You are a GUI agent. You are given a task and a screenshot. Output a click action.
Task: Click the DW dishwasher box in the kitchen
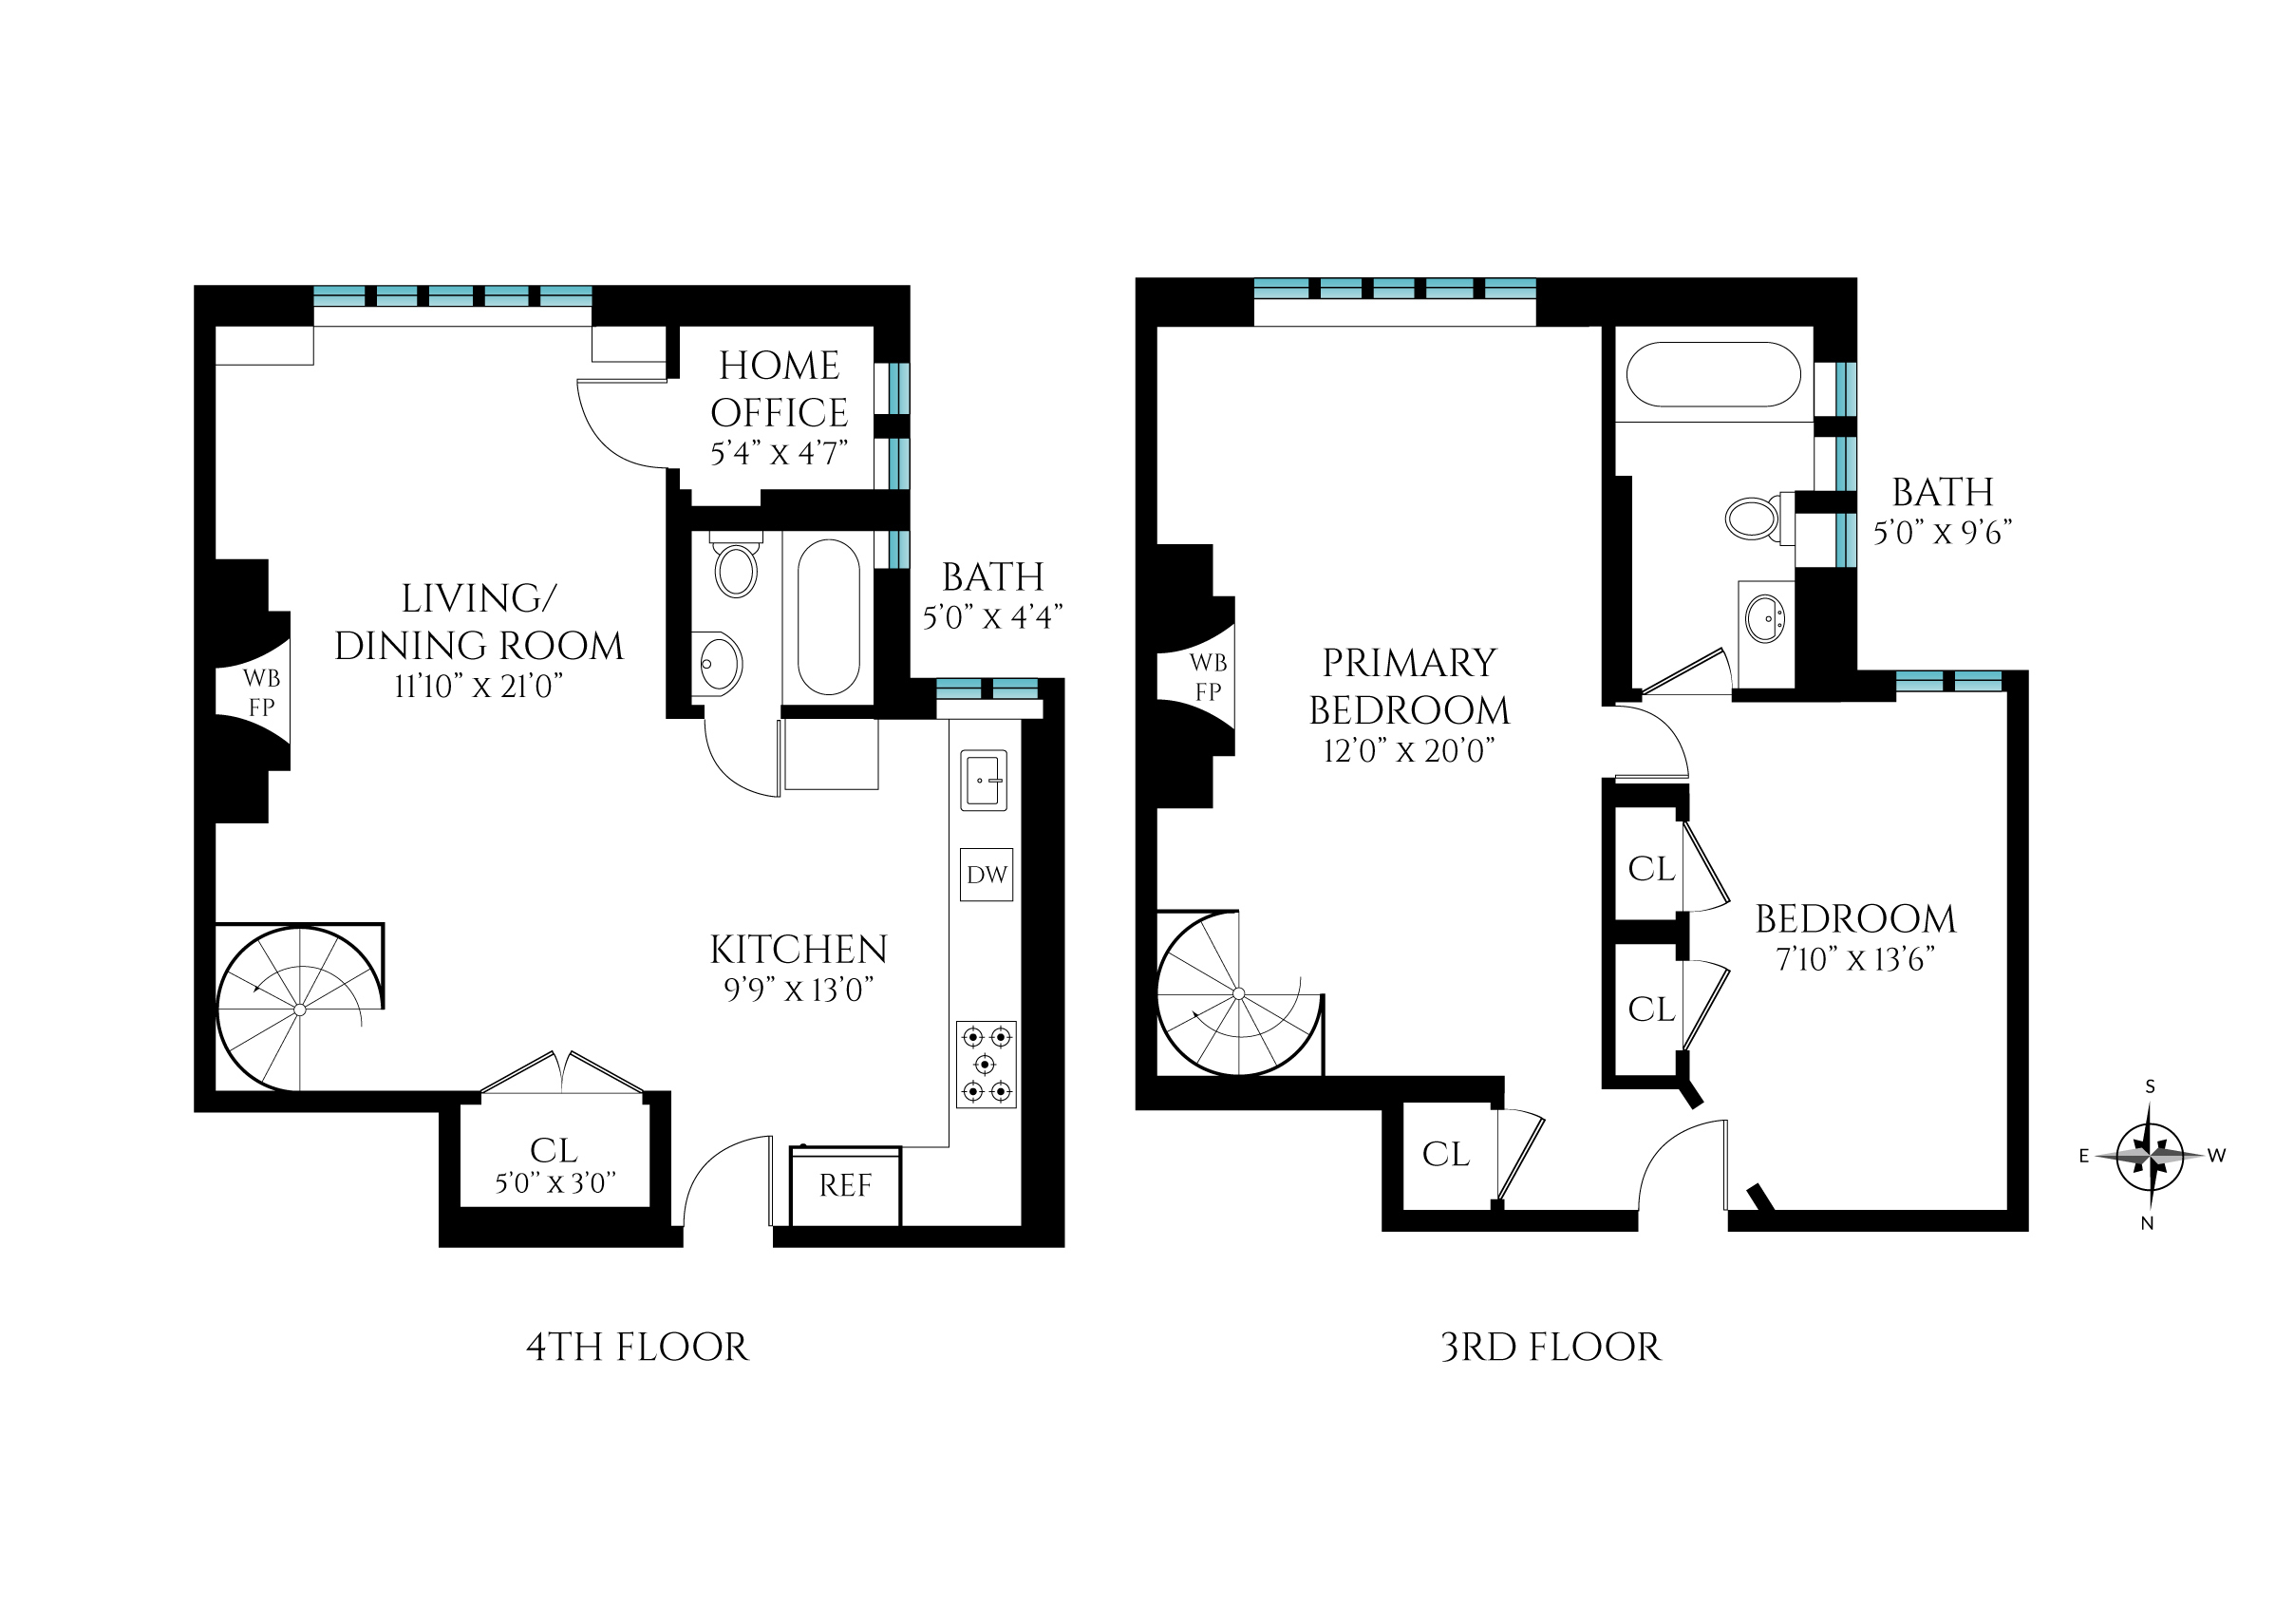tap(987, 875)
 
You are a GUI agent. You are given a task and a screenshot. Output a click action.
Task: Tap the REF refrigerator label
tap(845, 1185)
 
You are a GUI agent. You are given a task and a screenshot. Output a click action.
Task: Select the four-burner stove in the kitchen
tap(986, 1064)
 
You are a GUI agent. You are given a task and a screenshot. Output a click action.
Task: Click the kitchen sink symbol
tap(983, 781)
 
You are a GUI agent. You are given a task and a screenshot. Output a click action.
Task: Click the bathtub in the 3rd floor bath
tap(1714, 375)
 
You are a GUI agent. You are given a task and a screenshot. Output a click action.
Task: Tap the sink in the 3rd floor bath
tap(1765, 617)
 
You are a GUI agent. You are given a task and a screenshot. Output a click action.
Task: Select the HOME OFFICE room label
tap(780, 388)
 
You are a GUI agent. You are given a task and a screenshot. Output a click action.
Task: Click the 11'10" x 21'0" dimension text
tap(479, 687)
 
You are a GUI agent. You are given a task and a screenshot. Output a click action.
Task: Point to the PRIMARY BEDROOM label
tap(1409, 687)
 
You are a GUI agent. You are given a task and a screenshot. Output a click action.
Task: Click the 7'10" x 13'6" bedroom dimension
tap(1854, 959)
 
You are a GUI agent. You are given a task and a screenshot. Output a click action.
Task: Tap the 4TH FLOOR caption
tap(636, 1348)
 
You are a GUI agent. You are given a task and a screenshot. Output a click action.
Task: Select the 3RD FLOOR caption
tap(1551, 1348)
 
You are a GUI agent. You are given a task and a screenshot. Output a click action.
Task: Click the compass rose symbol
tap(2149, 1157)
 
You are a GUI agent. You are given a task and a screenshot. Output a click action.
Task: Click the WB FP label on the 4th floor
tap(261, 692)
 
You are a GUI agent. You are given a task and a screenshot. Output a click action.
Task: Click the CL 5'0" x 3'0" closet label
tap(555, 1165)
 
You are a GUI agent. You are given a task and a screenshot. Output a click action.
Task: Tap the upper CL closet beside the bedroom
tap(1650, 868)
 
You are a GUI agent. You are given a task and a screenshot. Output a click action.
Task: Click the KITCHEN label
tap(799, 950)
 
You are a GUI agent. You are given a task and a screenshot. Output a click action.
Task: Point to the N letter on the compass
tap(2147, 1223)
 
